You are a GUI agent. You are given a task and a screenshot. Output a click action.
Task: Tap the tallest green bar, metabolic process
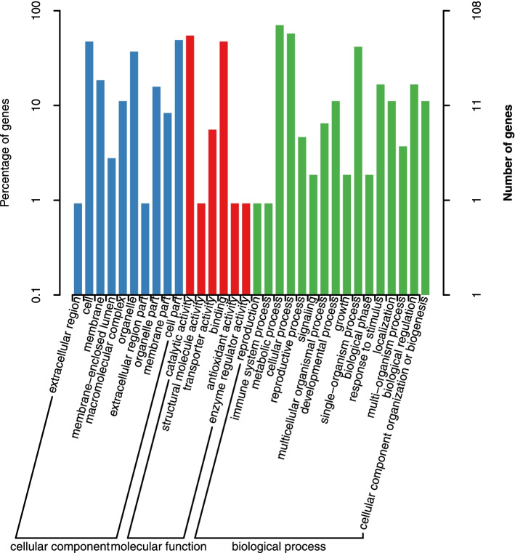click(x=280, y=160)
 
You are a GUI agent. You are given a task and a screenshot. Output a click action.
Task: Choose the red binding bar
click(x=224, y=168)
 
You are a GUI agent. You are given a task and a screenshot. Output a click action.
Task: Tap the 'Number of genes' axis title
click(x=508, y=153)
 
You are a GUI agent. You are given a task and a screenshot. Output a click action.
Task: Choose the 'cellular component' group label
click(x=60, y=545)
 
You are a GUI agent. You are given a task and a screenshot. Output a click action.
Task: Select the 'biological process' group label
click(x=278, y=545)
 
